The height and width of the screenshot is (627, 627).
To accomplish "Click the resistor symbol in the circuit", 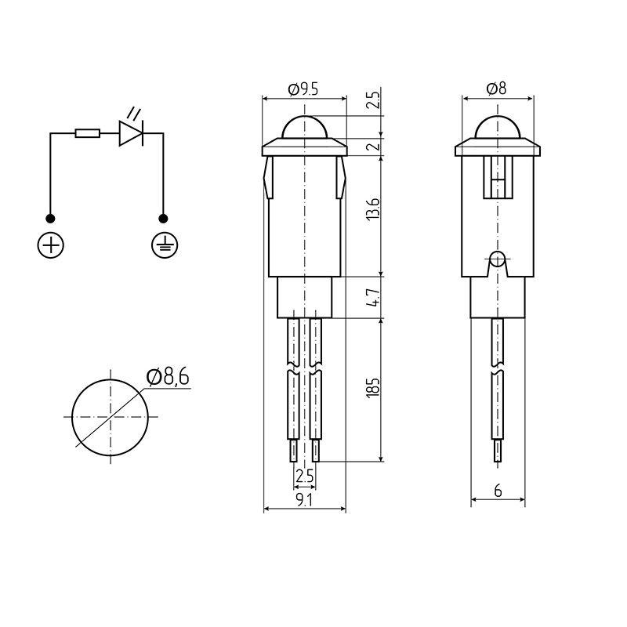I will pyautogui.click(x=87, y=134).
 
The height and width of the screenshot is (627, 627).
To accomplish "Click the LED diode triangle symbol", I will pyautogui.click(x=130, y=134).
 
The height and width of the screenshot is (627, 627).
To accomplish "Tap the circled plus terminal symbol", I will pyautogui.click(x=51, y=245).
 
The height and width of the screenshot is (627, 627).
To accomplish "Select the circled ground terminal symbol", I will pyautogui.click(x=164, y=245).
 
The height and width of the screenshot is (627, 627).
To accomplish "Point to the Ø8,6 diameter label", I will pyautogui.click(x=167, y=379).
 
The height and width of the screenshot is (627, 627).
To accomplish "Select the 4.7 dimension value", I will pyautogui.click(x=374, y=298).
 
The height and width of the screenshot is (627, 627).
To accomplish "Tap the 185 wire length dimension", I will pyautogui.click(x=374, y=387).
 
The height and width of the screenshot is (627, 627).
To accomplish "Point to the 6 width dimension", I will pyautogui.click(x=498, y=491).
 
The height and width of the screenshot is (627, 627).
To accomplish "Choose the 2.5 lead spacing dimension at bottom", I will pyautogui.click(x=304, y=476).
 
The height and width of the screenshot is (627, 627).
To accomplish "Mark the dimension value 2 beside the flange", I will pyautogui.click(x=374, y=146).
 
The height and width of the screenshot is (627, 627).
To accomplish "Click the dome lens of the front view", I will pyautogui.click(x=304, y=128).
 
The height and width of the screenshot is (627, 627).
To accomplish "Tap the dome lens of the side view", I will pyautogui.click(x=497, y=128).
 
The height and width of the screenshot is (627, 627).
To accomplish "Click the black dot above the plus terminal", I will pyautogui.click(x=51, y=218).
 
